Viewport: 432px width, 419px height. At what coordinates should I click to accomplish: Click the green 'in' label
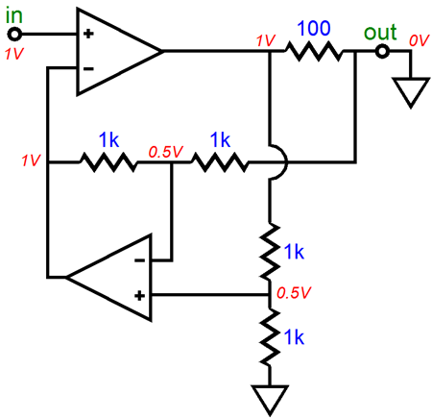pyautogui.click(x=14, y=16)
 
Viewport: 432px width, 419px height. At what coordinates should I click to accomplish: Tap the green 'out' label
pyautogui.click(x=380, y=32)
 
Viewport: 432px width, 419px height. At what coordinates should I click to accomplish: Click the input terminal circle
pyautogui.click(x=14, y=34)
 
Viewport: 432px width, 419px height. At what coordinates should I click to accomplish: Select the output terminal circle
pyautogui.click(x=382, y=51)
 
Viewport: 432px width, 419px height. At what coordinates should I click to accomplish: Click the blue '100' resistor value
pyautogui.click(x=314, y=28)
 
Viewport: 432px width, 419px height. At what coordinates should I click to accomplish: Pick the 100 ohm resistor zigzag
pyautogui.click(x=314, y=51)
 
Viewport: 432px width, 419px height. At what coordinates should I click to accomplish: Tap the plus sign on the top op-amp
pyautogui.click(x=88, y=34)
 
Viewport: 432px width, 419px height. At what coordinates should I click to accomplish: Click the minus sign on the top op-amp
pyautogui.click(x=88, y=68)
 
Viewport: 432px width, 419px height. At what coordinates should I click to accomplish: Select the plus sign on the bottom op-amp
pyautogui.click(x=139, y=295)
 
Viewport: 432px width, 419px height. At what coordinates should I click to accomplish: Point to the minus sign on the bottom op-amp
pyautogui.click(x=139, y=260)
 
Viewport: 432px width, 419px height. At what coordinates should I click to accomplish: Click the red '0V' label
pyautogui.click(x=419, y=41)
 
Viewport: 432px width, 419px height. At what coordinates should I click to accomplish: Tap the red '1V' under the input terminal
pyautogui.click(x=14, y=54)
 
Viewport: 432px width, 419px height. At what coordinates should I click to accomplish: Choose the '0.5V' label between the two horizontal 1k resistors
pyautogui.click(x=165, y=152)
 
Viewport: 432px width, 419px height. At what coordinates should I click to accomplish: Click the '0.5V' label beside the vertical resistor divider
pyautogui.click(x=294, y=293)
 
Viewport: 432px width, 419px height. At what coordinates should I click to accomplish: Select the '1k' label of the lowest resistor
pyautogui.click(x=294, y=337)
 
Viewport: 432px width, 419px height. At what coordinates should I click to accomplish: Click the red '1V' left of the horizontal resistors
pyautogui.click(x=31, y=160)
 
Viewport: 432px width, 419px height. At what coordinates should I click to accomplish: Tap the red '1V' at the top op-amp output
pyautogui.click(x=266, y=41)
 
